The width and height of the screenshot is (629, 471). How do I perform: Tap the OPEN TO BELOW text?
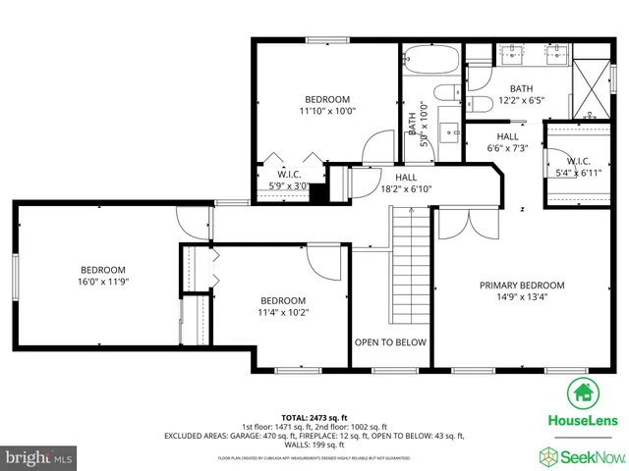(x=390, y=342)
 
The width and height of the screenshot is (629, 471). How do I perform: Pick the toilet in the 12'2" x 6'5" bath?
(x=480, y=103)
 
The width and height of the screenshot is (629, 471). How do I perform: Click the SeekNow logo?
(x=581, y=455)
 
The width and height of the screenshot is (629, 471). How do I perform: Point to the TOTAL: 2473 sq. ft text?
(x=314, y=417)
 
